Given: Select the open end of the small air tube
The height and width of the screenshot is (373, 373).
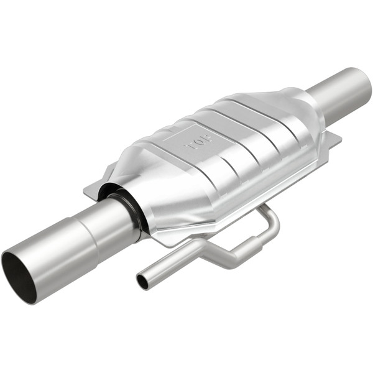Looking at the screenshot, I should pyautogui.click(x=142, y=282).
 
